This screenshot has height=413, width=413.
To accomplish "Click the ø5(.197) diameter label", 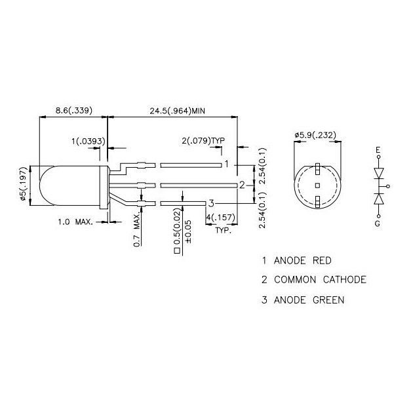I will click(24, 187).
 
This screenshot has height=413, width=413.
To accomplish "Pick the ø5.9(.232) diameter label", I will click(317, 135).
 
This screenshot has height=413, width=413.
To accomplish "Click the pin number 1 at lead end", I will click(226, 164).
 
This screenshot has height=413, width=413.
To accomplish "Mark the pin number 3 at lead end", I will click(211, 203).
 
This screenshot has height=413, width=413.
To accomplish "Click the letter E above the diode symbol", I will click(378, 150).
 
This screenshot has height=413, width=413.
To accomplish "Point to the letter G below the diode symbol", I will click(378, 223).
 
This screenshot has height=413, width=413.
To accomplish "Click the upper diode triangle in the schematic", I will click(378, 173).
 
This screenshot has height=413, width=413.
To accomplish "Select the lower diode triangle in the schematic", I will click(378, 198).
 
